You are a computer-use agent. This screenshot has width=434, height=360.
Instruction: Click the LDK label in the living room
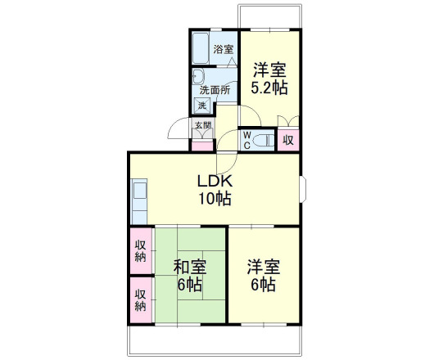[x=215, y=181]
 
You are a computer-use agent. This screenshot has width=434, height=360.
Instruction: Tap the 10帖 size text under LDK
[x=215, y=198]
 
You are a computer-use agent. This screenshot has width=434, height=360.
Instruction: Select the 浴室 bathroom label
[x=223, y=49]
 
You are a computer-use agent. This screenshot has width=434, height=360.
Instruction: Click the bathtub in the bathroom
[x=201, y=48]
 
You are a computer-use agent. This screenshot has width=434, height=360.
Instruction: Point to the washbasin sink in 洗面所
[x=198, y=76]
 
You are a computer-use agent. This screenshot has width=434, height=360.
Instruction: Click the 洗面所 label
[x=215, y=90]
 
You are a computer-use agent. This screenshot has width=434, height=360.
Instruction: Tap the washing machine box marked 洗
[x=202, y=106]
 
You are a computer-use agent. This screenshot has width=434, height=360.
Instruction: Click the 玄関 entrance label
[x=203, y=125]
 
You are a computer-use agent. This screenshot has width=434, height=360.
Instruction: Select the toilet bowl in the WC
[x=264, y=140]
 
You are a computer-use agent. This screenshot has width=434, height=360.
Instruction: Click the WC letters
[x=247, y=140]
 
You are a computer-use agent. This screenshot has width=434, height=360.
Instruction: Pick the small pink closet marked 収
[x=288, y=140]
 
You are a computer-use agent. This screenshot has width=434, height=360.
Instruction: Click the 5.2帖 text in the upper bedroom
[x=269, y=88]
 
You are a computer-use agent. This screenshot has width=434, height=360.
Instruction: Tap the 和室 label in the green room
[x=190, y=267]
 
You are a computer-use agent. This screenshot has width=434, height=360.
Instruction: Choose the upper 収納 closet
[x=141, y=251]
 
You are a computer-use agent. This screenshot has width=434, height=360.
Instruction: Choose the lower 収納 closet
[x=141, y=299]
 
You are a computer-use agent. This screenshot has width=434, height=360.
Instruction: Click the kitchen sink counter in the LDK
[x=139, y=201]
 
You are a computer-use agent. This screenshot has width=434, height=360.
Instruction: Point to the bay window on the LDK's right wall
[x=303, y=189]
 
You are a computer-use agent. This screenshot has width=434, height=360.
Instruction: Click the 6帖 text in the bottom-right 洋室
[x=264, y=284]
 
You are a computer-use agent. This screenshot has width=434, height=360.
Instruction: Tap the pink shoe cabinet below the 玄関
[x=202, y=146]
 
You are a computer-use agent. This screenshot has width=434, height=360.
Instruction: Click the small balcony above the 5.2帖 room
[x=270, y=16]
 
